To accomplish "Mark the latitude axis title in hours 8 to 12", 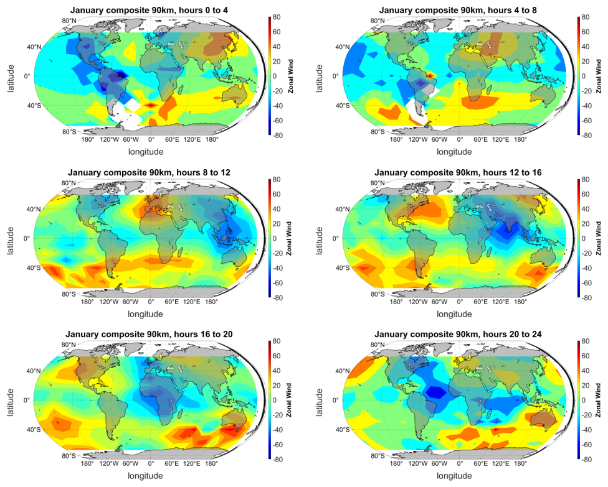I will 11,238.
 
